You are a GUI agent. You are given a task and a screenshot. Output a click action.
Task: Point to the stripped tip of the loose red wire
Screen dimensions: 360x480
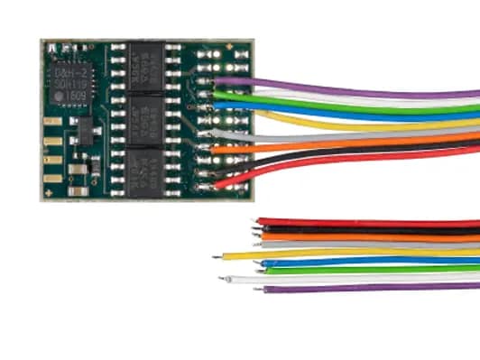(258, 221)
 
